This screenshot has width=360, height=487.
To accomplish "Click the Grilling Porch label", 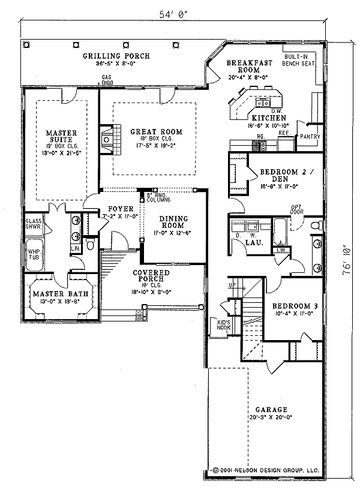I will click(x=116, y=56).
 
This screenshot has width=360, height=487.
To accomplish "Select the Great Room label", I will click(x=148, y=132).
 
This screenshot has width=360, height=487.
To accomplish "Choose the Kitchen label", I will click(x=268, y=118).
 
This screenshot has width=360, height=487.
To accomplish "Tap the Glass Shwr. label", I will click(x=33, y=224).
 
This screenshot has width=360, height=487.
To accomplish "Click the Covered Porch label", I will click(x=151, y=276).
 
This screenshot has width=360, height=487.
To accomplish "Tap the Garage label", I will click(x=265, y=409).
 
